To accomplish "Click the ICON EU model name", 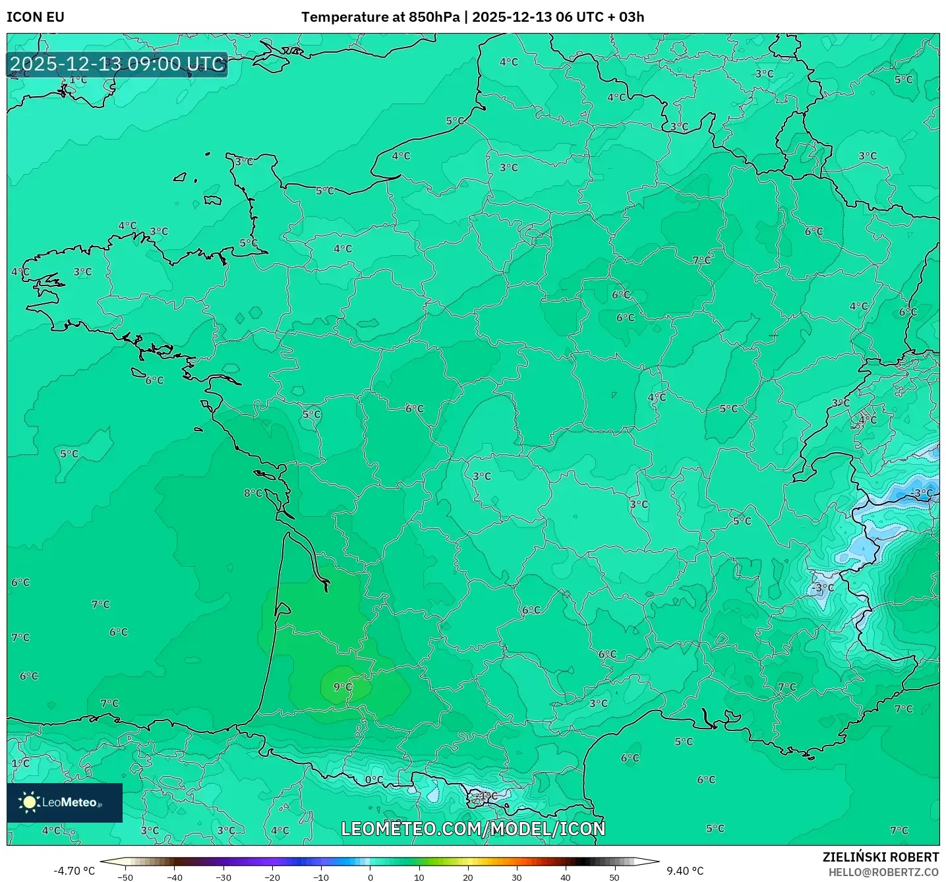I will pos(36,17).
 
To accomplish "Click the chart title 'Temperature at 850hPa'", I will pos(380,17).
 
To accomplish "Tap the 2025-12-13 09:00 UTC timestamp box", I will pos(117,65).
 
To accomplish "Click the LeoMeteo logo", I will pos(65,802).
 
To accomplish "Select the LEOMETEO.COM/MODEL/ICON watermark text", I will pos(473,829).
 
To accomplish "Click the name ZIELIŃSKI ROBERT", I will pos(880,857).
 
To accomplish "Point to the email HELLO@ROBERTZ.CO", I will pos(883,872).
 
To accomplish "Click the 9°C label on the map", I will pos(343,687).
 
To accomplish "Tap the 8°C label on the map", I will pos(253,493).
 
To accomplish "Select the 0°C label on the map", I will pos(374,780).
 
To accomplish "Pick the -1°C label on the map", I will pos(488,796).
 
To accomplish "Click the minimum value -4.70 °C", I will pos(74,871).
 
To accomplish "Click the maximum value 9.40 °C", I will pos(685,871).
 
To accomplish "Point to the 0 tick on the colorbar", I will pos(370,877).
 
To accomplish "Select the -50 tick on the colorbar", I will pos(125,877).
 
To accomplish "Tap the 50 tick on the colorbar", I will pos(614,877).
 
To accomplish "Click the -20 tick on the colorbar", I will pos(272,877).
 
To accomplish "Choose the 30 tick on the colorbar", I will pos(517,877).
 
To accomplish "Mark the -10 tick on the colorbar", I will pos(321,877).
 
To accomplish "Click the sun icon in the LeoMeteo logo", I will pos(29,802).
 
